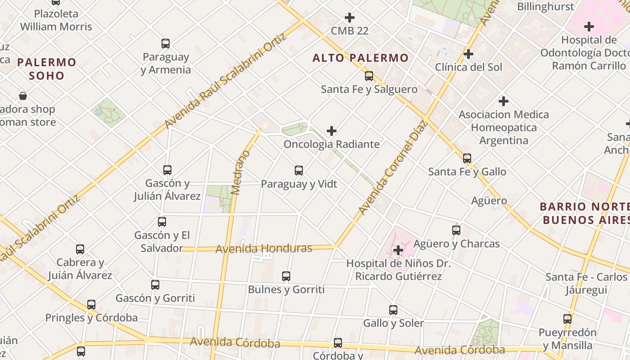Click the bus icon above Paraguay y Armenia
tap(166, 44)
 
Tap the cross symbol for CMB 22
tap(350, 18)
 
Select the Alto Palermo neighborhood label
tap(360, 58)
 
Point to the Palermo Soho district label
tap(47, 69)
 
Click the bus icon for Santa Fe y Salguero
tap(369, 76)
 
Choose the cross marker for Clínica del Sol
tap(468, 54)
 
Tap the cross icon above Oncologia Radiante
tap(332, 131)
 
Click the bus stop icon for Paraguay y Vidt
tap(299, 171)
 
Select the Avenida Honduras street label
tap(264, 248)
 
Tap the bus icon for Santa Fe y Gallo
tap(467, 158)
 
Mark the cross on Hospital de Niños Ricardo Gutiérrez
tap(398, 250)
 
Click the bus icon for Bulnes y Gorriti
tap(286, 276)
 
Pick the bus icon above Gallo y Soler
tap(393, 310)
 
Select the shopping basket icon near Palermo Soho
tap(23, 96)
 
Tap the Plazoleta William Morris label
tap(56, 20)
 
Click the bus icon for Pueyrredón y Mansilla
tap(567, 319)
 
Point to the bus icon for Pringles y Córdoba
tap(91, 305)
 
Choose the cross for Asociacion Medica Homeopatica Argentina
tap(504, 101)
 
